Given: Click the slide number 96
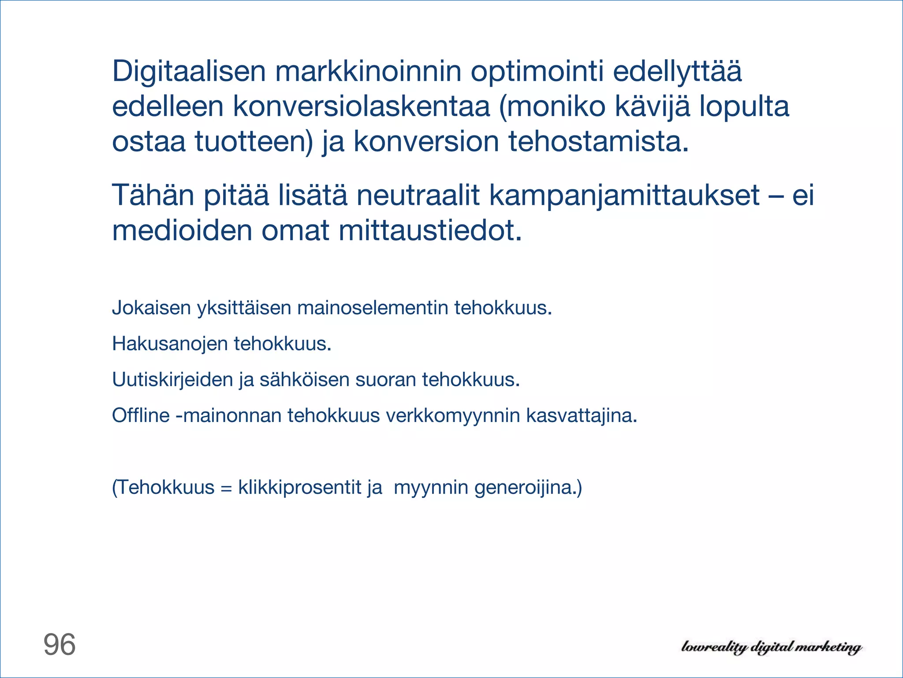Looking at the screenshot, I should (60, 645).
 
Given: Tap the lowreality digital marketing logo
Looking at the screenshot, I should (771, 647).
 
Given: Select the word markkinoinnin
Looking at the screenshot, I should (368, 72).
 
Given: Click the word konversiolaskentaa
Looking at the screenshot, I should (361, 107).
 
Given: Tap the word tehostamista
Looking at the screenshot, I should (598, 142).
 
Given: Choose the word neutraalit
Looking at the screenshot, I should (418, 195).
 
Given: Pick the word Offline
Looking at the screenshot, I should (141, 415).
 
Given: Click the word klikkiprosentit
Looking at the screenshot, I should (299, 487).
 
